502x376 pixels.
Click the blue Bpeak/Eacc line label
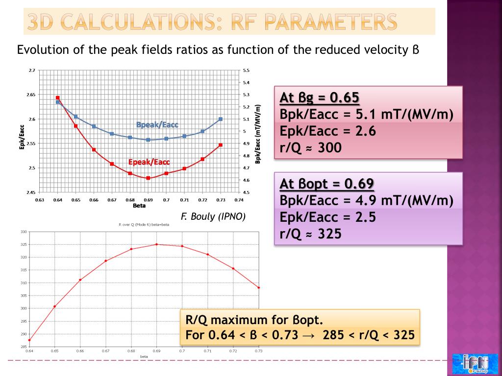157,125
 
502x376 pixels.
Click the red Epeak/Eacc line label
149,162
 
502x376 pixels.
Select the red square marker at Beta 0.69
148,178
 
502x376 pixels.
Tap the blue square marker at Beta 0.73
221,119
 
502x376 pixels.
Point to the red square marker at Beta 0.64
58,98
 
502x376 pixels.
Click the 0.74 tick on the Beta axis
239,200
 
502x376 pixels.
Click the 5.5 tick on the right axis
246,70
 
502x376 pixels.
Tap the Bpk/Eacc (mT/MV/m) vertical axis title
258,131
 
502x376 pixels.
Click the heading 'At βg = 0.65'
319,98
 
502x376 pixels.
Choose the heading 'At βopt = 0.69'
326,184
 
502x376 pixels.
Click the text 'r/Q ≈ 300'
310,147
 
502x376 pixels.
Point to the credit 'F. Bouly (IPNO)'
213,216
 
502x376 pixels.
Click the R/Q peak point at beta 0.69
156,244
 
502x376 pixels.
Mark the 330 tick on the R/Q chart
23,232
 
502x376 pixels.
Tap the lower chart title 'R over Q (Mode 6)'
144,224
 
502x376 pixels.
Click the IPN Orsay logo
471,363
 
